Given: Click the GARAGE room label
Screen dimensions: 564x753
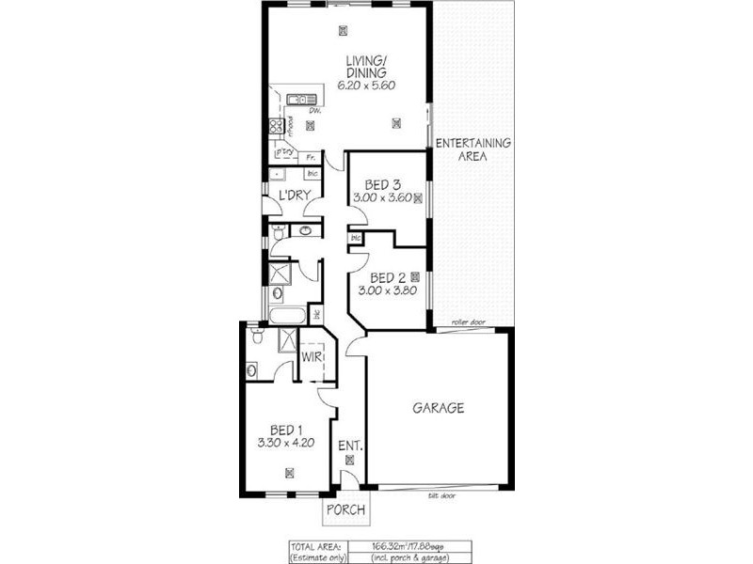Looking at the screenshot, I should pyautogui.click(x=439, y=408).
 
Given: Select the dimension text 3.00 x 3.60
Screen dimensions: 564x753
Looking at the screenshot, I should pyautogui.click(x=382, y=197).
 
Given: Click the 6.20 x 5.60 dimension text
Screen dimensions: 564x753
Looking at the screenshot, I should pyautogui.click(x=366, y=86).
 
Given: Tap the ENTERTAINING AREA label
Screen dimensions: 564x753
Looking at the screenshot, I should pyautogui.click(x=473, y=149).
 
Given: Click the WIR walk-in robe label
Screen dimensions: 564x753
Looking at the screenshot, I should pyautogui.click(x=312, y=357).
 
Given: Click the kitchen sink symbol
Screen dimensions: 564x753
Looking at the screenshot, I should pyautogui.click(x=301, y=99).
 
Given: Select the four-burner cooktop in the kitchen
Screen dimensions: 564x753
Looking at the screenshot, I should pyautogui.click(x=277, y=125).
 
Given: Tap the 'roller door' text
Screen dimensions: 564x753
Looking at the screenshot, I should pyautogui.click(x=466, y=322).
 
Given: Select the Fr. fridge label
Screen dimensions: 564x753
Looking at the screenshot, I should pyautogui.click(x=311, y=156).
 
